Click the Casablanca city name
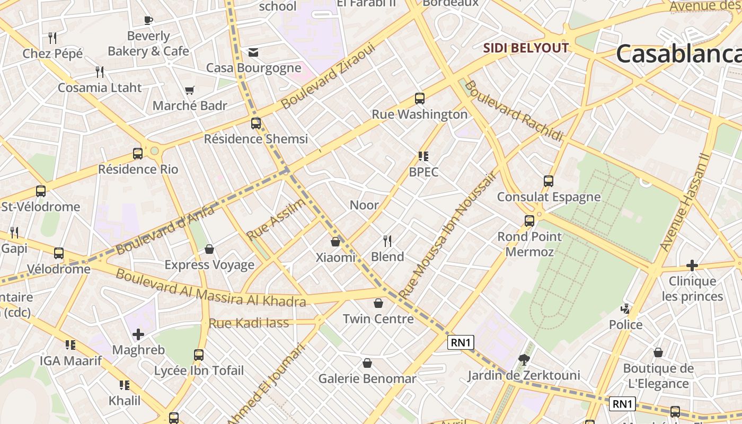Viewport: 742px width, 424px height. click(x=678, y=54)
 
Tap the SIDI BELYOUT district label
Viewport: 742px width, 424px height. click(x=525, y=48)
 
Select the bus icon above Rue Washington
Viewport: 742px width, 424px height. click(x=420, y=98)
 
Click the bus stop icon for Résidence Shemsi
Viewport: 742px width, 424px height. click(x=256, y=123)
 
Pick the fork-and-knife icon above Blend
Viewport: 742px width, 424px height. click(x=387, y=241)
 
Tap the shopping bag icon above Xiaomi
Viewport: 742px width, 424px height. click(x=335, y=242)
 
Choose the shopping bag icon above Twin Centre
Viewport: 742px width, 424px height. click(x=378, y=303)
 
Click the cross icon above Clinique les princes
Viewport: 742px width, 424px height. click(x=692, y=266)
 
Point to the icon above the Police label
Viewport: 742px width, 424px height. click(x=625, y=309)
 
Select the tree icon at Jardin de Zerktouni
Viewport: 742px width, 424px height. click(x=524, y=360)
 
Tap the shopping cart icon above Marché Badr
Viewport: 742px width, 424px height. click(x=190, y=91)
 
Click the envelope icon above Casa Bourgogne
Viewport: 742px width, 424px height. click(x=253, y=52)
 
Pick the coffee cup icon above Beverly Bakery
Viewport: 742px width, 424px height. click(x=148, y=21)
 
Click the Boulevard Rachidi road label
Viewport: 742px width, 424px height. click(x=514, y=111)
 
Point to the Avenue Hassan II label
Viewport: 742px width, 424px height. click(x=685, y=202)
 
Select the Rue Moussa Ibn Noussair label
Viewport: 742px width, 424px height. click(x=447, y=235)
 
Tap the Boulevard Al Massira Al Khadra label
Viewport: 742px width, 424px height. click(x=211, y=288)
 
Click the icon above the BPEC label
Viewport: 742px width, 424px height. click(x=423, y=156)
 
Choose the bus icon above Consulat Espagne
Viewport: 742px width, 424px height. click(x=549, y=181)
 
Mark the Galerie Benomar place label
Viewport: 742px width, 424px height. click(x=367, y=379)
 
